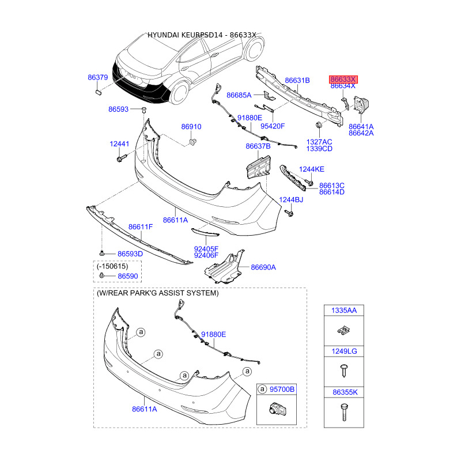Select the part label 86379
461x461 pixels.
[98, 77]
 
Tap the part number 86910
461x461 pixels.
[191, 127]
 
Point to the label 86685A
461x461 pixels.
[239, 95]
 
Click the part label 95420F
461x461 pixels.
[273, 126]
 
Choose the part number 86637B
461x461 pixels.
[258, 146]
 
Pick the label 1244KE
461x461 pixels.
[312, 169]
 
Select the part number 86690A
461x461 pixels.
[263, 267]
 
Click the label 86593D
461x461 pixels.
[130, 254]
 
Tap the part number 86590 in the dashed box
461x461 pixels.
[129, 277]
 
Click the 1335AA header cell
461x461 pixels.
[343, 311]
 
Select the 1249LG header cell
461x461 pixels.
[343, 351]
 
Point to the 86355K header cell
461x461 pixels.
[343, 392]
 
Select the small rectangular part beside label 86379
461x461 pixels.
[97, 90]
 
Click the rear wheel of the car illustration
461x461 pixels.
[180, 93]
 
